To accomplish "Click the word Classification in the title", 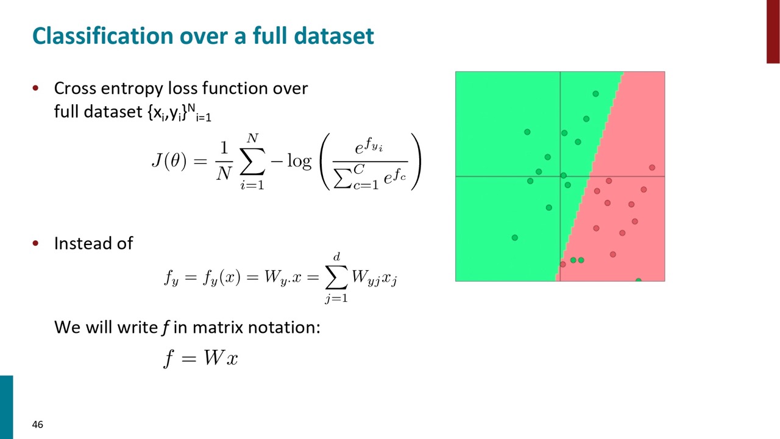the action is tap(103, 36).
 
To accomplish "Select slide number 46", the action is tap(38, 424).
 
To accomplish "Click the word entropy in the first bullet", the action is tap(132, 89).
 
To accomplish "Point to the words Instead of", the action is tap(93, 243).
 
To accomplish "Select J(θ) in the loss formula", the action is tap(169, 161).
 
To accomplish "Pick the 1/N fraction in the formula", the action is tap(224, 160).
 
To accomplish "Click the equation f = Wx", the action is tap(200, 358).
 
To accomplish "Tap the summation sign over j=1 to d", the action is tap(336, 277).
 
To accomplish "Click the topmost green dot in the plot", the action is tap(595, 94).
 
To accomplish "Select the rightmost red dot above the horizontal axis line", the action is tap(652, 168).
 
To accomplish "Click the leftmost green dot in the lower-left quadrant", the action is tap(515, 238).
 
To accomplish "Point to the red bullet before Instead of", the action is tap(35, 243).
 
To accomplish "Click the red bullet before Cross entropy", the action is tap(35, 88).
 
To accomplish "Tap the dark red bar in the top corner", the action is tap(773, 31).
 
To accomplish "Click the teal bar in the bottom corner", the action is tap(6, 407).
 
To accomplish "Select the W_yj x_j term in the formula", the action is tap(374, 278).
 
